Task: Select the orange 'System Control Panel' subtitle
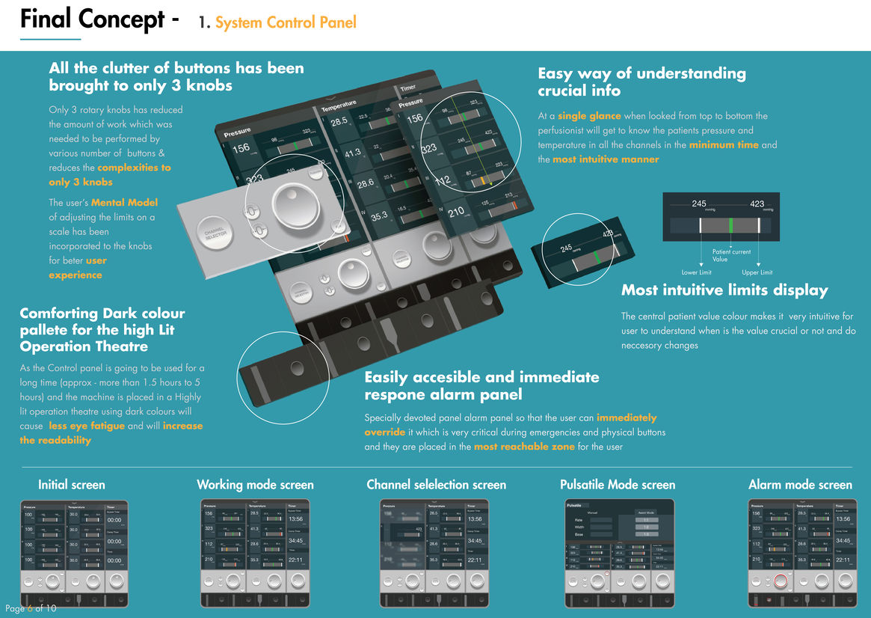pos(286,22)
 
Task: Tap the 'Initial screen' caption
pos(72,485)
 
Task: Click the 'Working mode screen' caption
pos(255,485)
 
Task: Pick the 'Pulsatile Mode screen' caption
pos(618,485)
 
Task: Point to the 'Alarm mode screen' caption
pos(800,485)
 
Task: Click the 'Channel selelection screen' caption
pos(436,485)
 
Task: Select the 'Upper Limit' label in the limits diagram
pos(757,272)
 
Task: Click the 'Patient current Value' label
pos(731,256)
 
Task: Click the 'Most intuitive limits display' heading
pos(724,290)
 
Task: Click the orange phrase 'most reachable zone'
pos(523,447)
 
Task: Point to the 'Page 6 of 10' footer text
pos(31,608)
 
